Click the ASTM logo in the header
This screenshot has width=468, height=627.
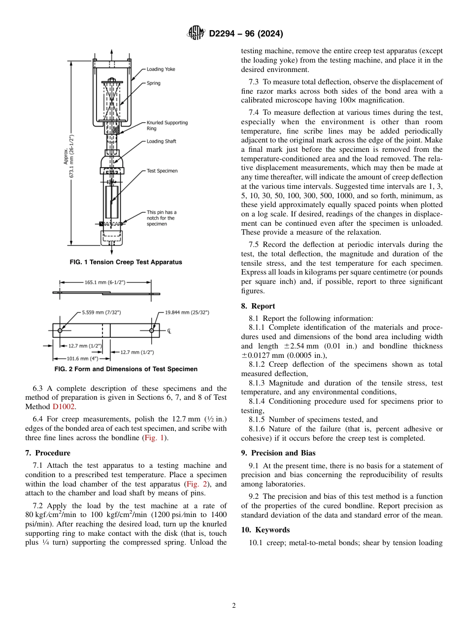197,34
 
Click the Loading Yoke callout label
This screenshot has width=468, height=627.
161,70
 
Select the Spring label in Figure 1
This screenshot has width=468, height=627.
153,83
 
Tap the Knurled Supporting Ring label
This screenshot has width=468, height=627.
167,125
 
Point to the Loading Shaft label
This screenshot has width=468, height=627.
161,141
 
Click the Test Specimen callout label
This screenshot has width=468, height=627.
162,171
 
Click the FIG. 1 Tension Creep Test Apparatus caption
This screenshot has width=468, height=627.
126,262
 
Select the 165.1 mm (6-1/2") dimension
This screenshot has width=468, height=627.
104,282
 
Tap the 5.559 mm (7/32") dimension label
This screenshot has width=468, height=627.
101,312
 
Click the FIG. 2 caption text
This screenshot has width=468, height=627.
126,369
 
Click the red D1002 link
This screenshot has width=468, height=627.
64,407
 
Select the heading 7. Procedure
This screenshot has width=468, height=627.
47,453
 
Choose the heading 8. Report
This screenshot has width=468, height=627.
258,306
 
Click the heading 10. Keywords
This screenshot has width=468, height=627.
265,530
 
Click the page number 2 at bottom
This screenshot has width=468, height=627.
234,606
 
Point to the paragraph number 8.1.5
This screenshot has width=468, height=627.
258,419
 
